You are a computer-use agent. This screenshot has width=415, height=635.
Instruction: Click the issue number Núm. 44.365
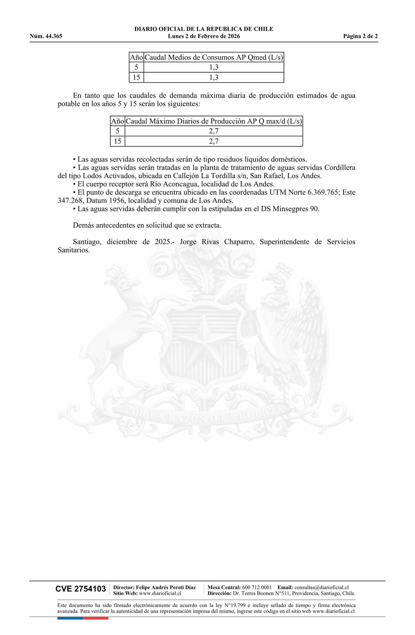pyautogui.click(x=46, y=36)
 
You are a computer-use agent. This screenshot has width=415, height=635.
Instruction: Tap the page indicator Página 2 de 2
pyautogui.click(x=360, y=36)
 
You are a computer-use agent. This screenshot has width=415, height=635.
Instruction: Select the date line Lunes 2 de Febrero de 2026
pyautogui.click(x=204, y=36)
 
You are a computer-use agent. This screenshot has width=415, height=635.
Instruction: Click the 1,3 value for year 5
pyautogui.click(x=214, y=67)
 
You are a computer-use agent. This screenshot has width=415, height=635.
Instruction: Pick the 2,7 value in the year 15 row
pyautogui.click(x=214, y=141)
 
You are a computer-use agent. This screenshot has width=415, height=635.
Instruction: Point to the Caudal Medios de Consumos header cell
pyautogui.click(x=214, y=57)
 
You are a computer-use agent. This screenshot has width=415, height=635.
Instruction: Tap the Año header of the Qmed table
pyautogui.click(x=136, y=57)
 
